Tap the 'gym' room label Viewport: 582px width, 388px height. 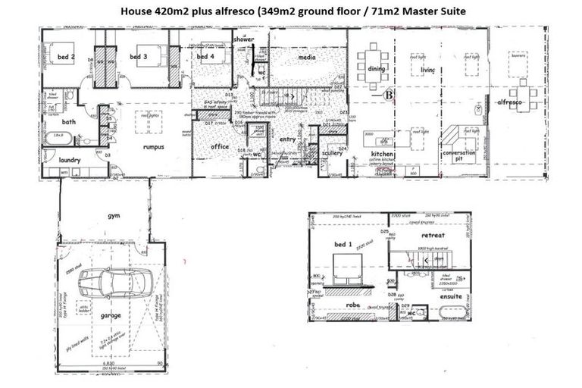point(114,216)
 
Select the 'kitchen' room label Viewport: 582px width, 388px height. point(380,153)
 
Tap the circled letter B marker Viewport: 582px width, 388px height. point(390,95)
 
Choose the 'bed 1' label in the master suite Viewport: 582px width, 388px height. point(344,244)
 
